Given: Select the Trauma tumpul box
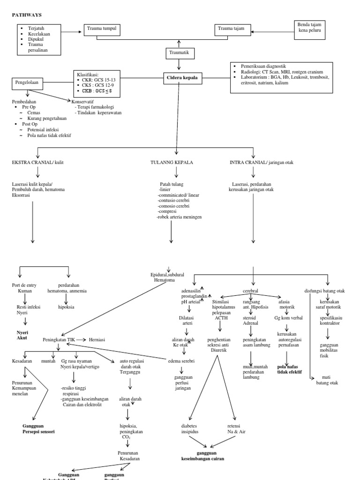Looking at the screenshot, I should (x=102, y=30).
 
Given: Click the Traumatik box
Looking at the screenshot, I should (x=178, y=53).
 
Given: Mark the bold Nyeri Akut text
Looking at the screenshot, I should (x=22, y=334).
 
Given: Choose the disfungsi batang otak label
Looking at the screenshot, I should (x=325, y=291).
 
